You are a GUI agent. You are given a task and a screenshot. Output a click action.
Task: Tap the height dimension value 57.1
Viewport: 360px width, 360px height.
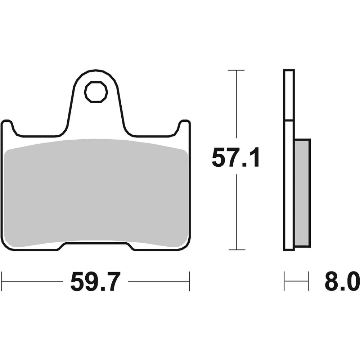(235, 158)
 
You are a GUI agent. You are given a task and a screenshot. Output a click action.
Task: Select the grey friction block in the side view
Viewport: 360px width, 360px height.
(302, 193)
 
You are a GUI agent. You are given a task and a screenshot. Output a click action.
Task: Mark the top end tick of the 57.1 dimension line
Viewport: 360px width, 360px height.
(236, 70)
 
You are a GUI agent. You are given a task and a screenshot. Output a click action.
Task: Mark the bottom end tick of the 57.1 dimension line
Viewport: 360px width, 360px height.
(236, 249)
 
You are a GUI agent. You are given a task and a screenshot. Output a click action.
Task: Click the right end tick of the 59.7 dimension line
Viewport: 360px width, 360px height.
(189, 281)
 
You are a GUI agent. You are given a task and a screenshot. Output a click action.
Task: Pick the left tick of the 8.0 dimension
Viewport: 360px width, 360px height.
(284, 281)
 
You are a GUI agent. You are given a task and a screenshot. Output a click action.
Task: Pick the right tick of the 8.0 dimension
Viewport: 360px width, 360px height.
(309, 281)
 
